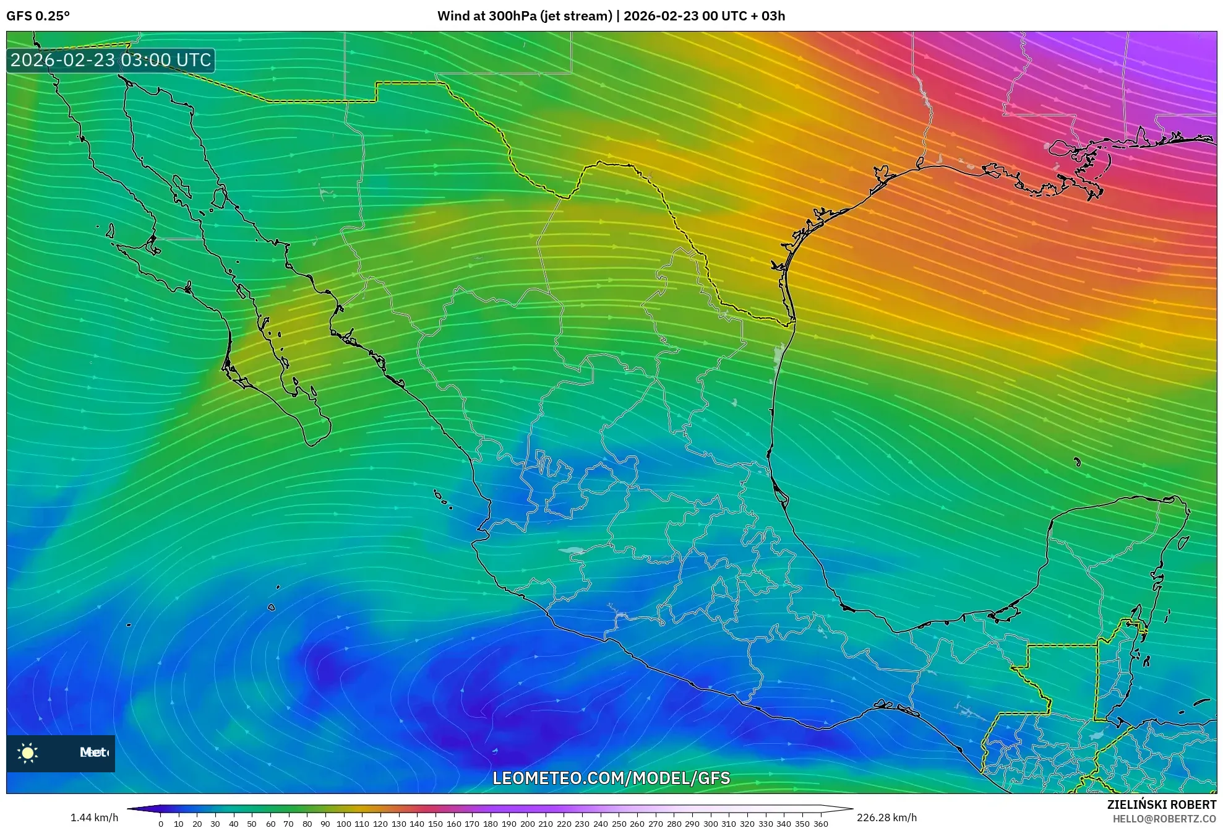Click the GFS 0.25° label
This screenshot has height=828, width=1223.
(38, 16)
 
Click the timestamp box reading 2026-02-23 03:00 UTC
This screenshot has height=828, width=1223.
(111, 60)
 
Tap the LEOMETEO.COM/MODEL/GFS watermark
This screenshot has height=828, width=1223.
(611, 778)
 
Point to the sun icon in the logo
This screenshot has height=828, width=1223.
(28, 753)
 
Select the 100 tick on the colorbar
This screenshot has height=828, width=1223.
(343, 823)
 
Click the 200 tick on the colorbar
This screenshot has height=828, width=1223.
(527, 823)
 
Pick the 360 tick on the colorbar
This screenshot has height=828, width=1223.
(820, 823)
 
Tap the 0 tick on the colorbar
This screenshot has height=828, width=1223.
(161, 823)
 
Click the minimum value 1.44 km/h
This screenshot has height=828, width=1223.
(94, 817)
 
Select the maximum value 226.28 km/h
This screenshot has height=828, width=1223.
(886, 817)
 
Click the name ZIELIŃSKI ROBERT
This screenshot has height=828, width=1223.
(1161, 804)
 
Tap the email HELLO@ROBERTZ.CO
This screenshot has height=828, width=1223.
(1164, 819)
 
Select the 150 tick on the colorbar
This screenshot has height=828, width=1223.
(436, 823)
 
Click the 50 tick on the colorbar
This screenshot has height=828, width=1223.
(252, 823)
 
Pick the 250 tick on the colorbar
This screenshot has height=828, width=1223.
(619, 823)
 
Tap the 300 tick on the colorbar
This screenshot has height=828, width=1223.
(710, 823)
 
